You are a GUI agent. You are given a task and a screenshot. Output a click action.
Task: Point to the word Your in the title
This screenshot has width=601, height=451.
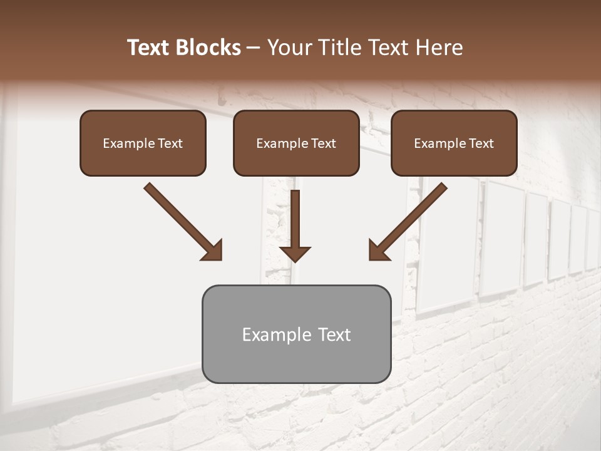pos(286,48)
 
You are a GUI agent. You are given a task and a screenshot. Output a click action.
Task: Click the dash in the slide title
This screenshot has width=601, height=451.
pos(254,48)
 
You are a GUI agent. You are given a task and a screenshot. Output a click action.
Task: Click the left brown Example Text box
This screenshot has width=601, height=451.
pos(143,143)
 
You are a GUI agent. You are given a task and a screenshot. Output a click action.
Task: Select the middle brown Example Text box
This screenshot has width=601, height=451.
pos(296,143)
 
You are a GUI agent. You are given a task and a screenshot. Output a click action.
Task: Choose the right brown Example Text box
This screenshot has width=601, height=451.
pos(454,143)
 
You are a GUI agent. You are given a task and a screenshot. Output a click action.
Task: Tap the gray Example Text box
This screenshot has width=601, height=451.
pos(296,334)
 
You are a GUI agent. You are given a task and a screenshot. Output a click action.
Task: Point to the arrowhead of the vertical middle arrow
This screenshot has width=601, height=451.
pos(295,252)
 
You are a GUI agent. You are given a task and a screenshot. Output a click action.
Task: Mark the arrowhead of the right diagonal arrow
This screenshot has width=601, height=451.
pos(378,251)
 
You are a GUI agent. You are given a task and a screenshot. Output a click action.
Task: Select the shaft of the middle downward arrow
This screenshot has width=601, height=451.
pos(295,216)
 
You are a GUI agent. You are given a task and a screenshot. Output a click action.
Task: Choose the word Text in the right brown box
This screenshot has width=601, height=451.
pos(481,143)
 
